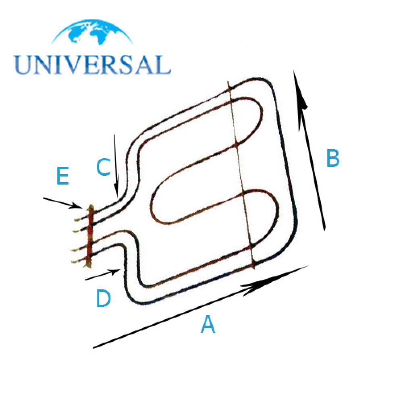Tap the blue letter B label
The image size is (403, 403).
333,158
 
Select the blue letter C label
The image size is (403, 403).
103,167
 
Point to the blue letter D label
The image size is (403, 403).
103,298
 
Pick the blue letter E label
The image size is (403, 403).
63,176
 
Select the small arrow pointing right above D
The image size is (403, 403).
102,274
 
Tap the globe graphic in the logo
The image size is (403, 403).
92,32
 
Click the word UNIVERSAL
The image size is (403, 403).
92,65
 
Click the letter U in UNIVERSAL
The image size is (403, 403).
23,65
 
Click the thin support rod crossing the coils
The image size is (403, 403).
241,175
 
